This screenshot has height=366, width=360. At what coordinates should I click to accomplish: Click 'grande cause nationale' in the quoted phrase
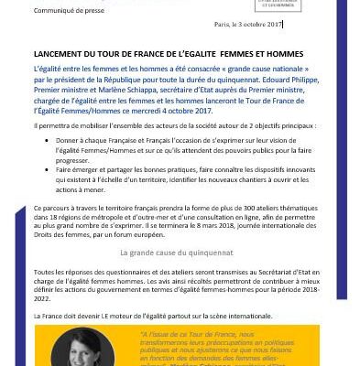click(272, 69)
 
